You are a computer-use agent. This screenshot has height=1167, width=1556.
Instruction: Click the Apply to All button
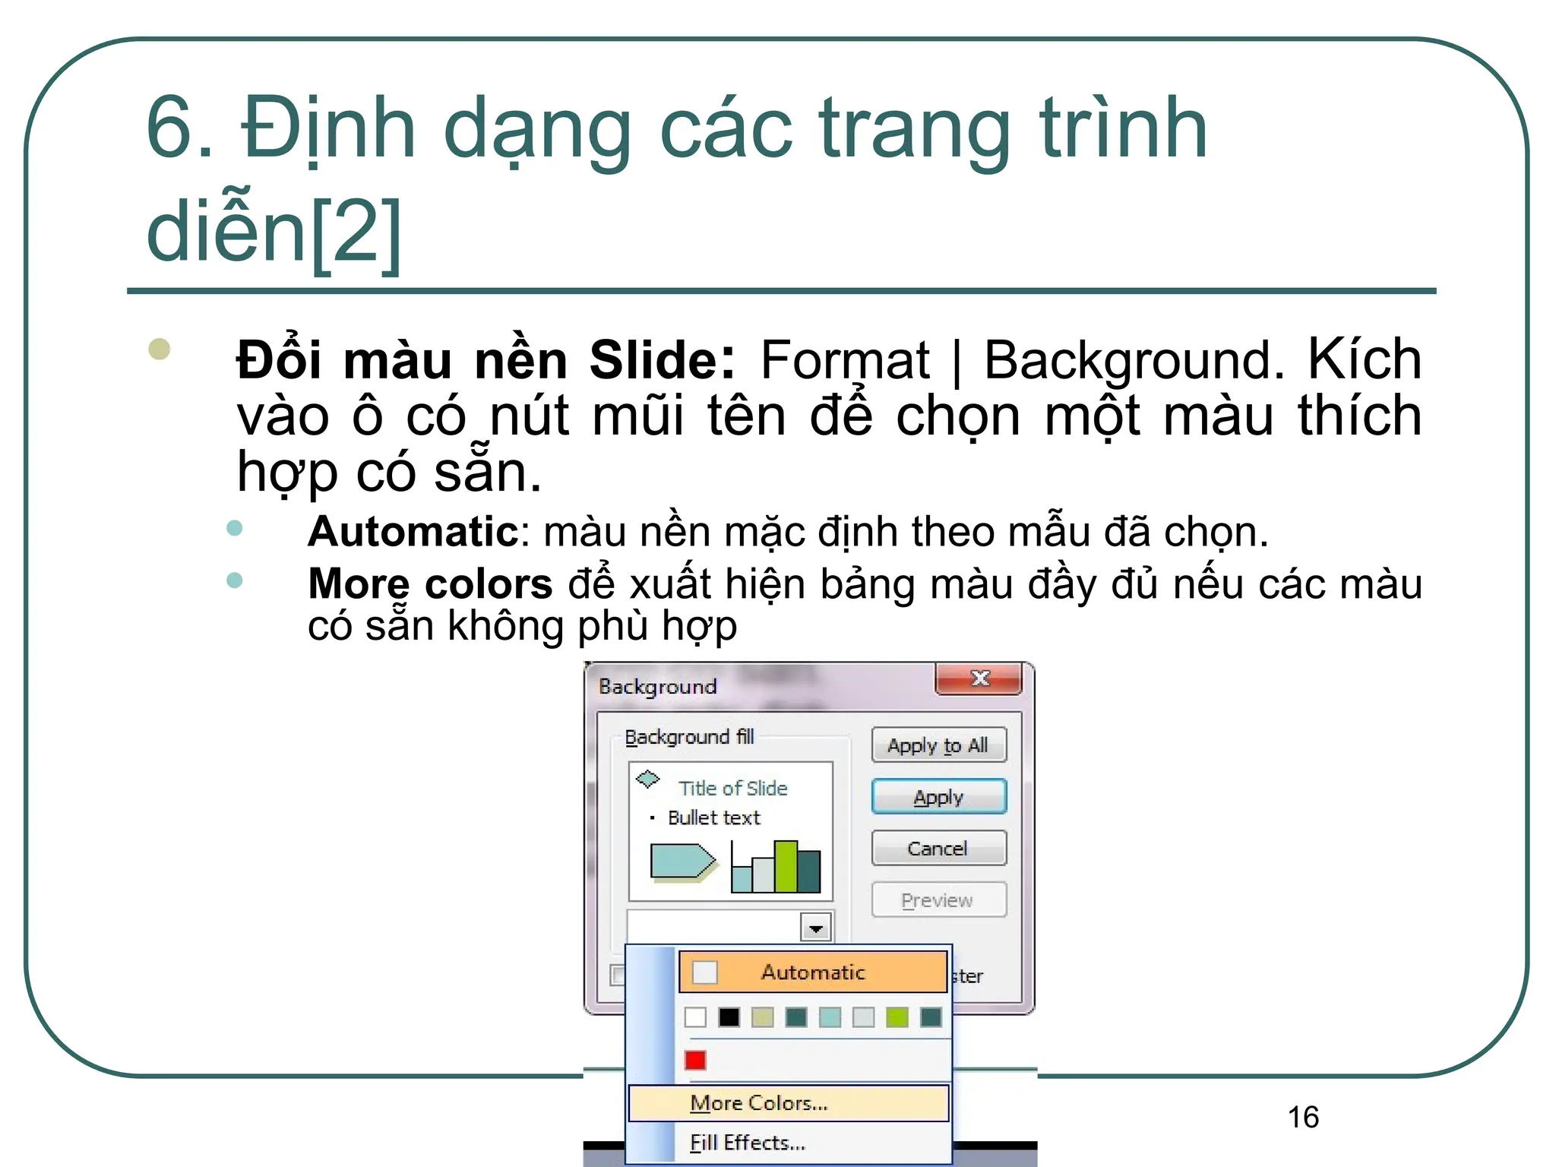click(938, 745)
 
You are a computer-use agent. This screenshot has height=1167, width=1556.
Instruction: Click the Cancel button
click(938, 848)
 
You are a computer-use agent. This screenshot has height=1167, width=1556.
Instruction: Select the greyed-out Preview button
click(938, 900)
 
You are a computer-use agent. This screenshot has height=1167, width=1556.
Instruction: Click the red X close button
click(979, 678)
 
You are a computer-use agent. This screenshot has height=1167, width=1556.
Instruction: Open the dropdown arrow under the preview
click(816, 928)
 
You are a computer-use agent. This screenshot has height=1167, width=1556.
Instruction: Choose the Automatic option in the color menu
click(813, 972)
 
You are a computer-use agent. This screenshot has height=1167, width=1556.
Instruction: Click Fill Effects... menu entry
click(748, 1143)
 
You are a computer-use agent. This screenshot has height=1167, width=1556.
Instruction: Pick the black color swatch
click(729, 1017)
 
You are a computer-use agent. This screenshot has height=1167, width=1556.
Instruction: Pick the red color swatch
click(695, 1060)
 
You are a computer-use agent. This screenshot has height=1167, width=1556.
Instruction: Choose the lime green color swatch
click(897, 1017)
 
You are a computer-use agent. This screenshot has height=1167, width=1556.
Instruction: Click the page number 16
click(1303, 1117)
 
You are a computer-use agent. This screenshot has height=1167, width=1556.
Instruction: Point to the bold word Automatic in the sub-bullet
click(413, 531)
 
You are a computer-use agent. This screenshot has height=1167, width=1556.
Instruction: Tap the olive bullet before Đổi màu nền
click(160, 349)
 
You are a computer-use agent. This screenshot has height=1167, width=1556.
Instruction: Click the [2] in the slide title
click(356, 231)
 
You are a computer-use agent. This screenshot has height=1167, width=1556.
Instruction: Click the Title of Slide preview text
click(732, 789)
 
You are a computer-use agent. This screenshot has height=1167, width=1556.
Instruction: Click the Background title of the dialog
click(657, 687)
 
